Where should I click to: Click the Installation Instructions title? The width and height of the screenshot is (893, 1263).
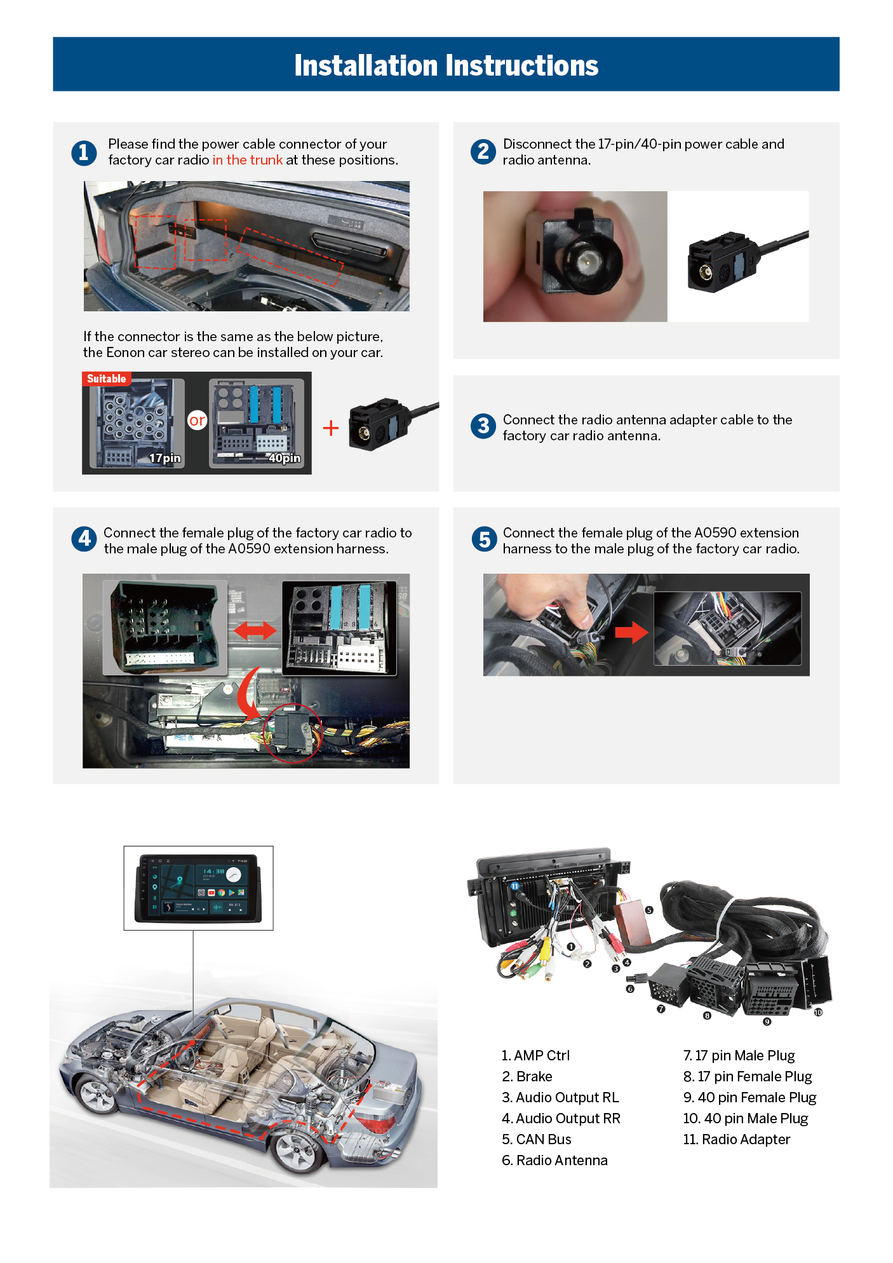[x=446, y=65]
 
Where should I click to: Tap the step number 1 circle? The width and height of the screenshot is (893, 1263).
[x=84, y=152]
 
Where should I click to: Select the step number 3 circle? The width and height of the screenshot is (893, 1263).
[x=483, y=426]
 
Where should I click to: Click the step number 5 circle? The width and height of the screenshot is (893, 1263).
[x=484, y=539]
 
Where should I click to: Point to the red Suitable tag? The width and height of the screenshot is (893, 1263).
[x=107, y=379]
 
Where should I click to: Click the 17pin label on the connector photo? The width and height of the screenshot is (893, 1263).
[x=165, y=458]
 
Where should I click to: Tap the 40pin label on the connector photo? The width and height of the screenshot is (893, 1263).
[x=285, y=458]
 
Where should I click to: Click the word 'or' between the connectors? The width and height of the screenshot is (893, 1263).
[x=198, y=420]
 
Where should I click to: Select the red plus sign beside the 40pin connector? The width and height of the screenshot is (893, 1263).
[x=331, y=428]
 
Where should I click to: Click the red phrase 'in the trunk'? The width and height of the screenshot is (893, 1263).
[x=248, y=160]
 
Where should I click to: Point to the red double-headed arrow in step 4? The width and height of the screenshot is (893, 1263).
[x=255, y=630]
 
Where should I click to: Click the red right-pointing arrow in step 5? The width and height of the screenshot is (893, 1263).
[x=631, y=632]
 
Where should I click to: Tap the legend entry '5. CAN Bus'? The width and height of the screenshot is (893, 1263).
[x=537, y=1139]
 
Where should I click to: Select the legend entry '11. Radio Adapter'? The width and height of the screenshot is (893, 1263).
[x=737, y=1139]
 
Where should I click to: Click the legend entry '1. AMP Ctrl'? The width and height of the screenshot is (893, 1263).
[x=535, y=1055]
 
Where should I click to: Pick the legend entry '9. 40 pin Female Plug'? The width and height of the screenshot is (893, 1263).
[x=750, y=1097]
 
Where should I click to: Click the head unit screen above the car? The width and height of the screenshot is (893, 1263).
[x=198, y=888]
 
